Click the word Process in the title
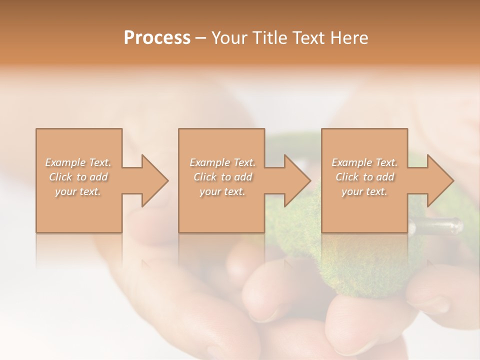[x=157, y=38]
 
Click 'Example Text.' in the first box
[x=78, y=162]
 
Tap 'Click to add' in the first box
[x=78, y=177]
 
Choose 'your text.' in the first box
[x=78, y=191]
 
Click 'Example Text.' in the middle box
[x=222, y=162]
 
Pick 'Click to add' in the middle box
[x=222, y=177]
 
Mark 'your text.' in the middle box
[x=222, y=191]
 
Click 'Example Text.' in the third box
[x=364, y=162]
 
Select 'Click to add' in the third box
[x=364, y=177]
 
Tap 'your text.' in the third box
[x=364, y=191]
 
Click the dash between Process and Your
[x=201, y=38]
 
